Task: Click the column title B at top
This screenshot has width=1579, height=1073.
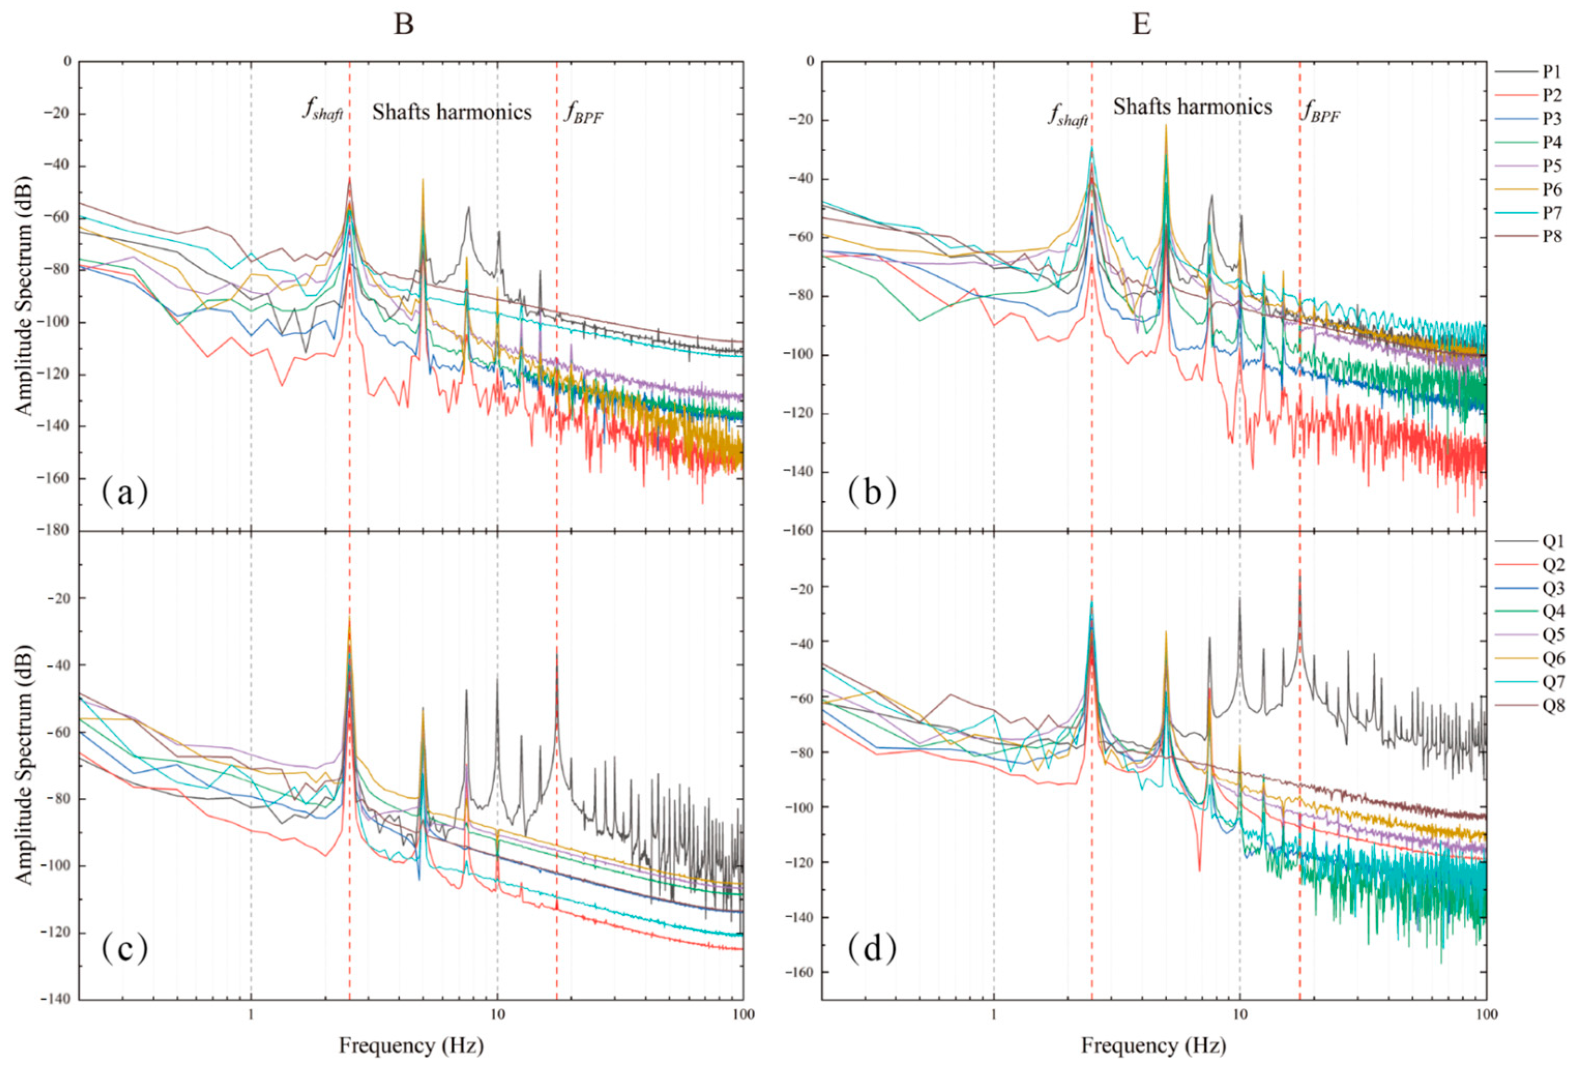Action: [404, 25]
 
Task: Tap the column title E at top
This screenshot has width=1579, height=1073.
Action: [1143, 25]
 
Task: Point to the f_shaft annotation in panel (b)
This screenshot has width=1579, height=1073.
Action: [1067, 116]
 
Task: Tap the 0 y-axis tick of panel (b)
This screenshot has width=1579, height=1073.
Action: [809, 62]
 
